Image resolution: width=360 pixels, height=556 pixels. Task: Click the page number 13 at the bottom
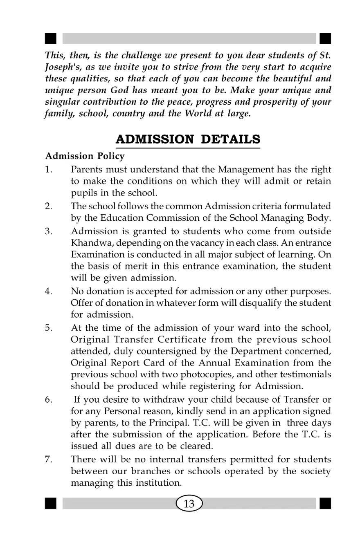[x=189, y=504]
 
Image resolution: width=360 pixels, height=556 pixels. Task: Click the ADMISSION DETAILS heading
[x=188, y=139]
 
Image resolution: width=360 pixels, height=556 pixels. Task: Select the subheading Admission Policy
[x=85, y=156]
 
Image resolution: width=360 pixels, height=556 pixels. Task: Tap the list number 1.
[x=48, y=169]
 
